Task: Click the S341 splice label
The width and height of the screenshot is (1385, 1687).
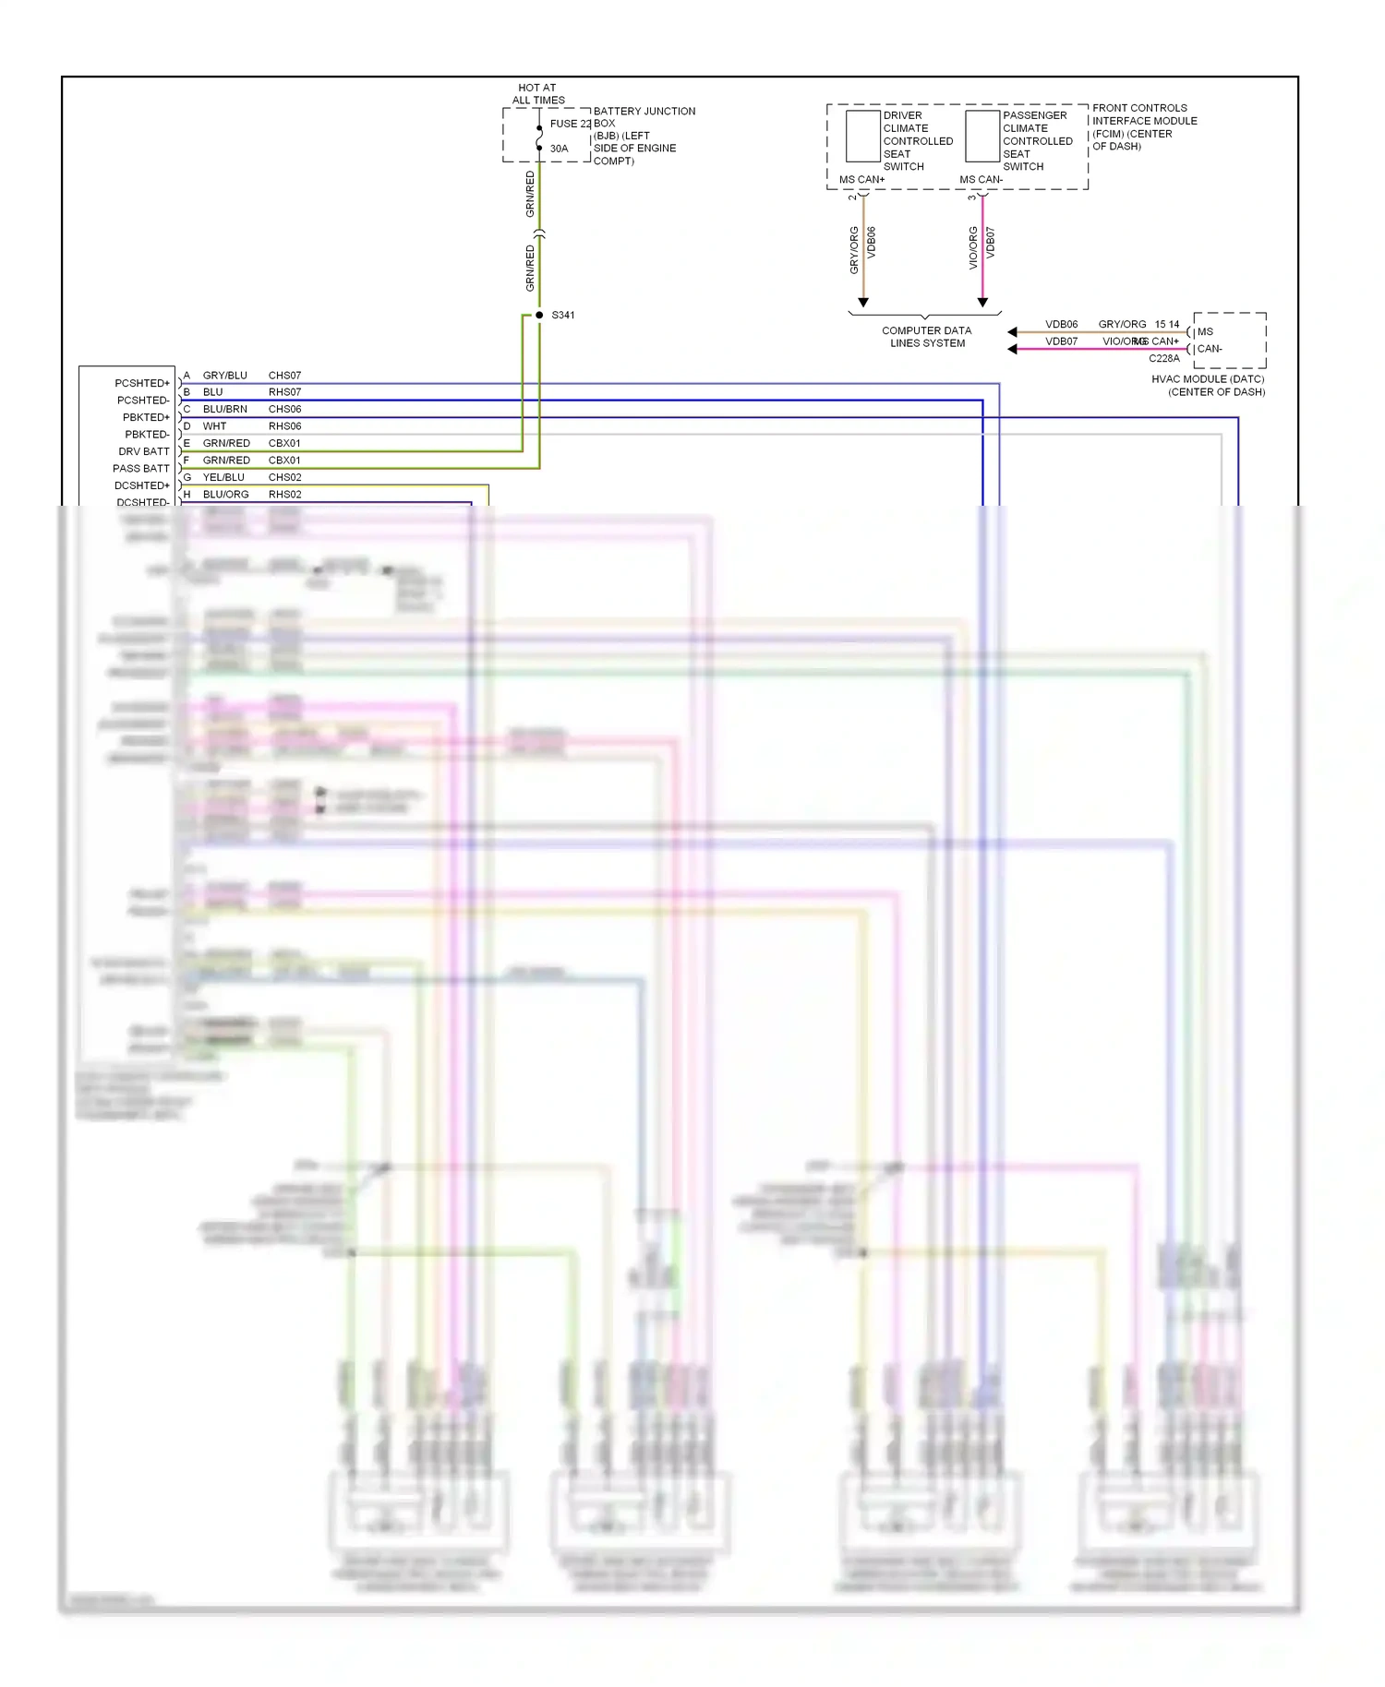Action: pos(562,316)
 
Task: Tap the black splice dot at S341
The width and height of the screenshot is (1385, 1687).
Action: pos(539,316)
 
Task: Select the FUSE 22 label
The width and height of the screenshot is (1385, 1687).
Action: pos(570,124)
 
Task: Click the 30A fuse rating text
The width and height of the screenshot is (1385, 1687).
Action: pos(559,149)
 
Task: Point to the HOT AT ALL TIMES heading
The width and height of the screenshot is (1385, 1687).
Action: pos(538,94)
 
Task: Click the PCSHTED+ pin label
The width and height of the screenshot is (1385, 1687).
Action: pos(142,383)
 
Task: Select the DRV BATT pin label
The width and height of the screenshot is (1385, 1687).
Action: pos(144,451)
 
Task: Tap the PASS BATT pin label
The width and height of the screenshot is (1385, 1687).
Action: pos(141,469)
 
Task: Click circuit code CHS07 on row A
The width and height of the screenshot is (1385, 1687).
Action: pos(284,376)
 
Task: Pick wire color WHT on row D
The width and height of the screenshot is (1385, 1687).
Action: pos(214,426)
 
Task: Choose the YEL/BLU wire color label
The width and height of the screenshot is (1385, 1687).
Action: pos(223,477)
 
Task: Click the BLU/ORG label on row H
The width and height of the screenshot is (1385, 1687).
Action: pos(225,495)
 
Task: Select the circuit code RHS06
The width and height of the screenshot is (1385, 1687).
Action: pos(284,426)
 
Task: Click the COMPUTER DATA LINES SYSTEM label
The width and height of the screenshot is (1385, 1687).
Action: pos(926,337)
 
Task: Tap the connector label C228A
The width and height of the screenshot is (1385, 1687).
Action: pos(1163,359)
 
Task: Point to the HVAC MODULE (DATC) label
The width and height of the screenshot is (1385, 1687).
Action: pos(1208,386)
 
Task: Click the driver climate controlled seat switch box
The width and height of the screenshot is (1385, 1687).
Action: pos(862,137)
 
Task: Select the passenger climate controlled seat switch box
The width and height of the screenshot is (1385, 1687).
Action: pos(982,137)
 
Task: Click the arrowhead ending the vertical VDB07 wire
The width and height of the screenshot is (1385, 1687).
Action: pos(982,303)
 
